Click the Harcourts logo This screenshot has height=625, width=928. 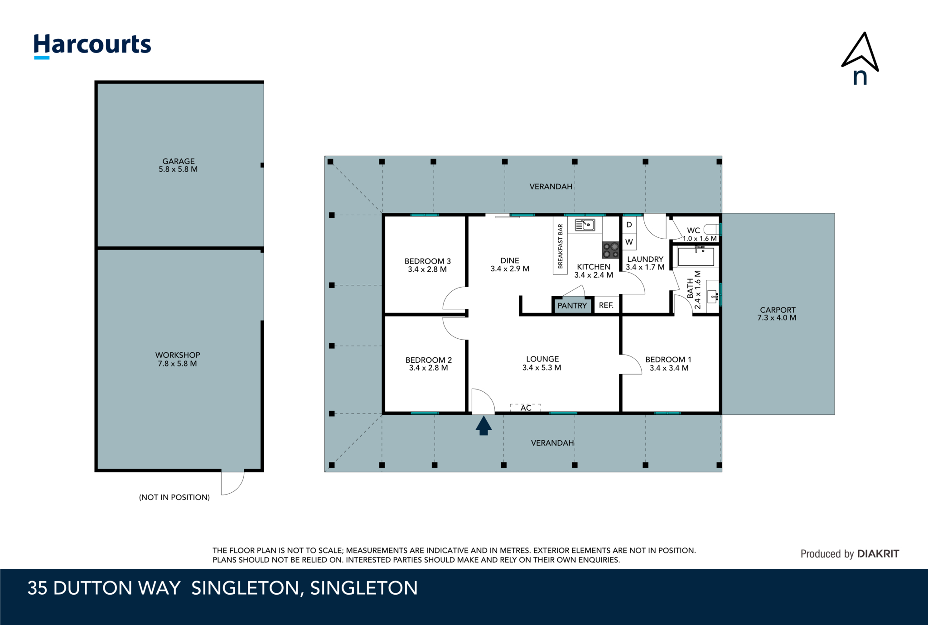pos(92,45)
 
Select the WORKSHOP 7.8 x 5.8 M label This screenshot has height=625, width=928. pos(177,359)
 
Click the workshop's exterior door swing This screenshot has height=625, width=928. pos(232,482)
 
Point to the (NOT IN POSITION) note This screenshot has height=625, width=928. pos(174,497)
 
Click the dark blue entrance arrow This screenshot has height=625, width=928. pos(483,426)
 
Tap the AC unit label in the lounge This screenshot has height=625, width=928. pos(526,408)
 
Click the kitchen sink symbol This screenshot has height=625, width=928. pos(585,225)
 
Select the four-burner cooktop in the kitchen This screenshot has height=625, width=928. pos(610,250)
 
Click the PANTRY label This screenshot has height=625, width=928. pos(572,306)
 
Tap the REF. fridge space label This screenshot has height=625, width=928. pos(606,305)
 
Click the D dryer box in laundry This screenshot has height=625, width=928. pos(629,225)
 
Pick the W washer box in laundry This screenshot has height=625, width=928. pos(629,242)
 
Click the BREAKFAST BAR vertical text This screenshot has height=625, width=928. pos(560,246)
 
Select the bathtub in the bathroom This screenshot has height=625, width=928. pos(696,256)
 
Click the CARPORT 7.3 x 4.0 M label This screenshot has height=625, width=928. pos(777,313)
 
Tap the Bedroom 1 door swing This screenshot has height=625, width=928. pos(631,364)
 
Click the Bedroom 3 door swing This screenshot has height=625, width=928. pos(455,298)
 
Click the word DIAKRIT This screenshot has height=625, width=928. pos(878,553)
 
